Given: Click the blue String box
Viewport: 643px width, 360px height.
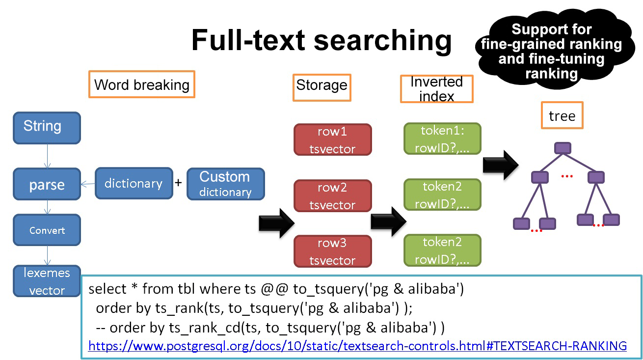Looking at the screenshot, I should (x=47, y=128).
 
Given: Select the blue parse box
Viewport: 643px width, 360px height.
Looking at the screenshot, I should (x=47, y=184).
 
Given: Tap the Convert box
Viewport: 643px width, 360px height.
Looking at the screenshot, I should (x=47, y=230).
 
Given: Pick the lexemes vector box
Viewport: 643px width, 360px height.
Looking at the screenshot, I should (x=47, y=281).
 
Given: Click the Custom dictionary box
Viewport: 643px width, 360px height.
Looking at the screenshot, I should (x=225, y=184).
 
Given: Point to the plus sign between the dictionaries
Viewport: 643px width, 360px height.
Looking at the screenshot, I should (x=179, y=183).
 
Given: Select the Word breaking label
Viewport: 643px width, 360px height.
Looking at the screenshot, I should (x=141, y=84).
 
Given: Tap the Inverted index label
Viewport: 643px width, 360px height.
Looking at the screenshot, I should (x=436, y=88).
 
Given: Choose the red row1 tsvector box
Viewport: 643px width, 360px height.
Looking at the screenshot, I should (x=332, y=140).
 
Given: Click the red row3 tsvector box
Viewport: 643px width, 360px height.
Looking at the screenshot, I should (x=332, y=251).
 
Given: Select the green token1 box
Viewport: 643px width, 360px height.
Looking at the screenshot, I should (x=442, y=139).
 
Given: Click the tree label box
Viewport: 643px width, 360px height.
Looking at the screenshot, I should (x=562, y=115).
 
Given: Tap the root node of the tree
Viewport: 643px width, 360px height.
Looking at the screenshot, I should (x=563, y=148).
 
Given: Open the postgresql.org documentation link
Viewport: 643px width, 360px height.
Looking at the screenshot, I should (x=357, y=345).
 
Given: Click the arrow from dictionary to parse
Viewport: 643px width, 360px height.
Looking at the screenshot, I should (x=88, y=184).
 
